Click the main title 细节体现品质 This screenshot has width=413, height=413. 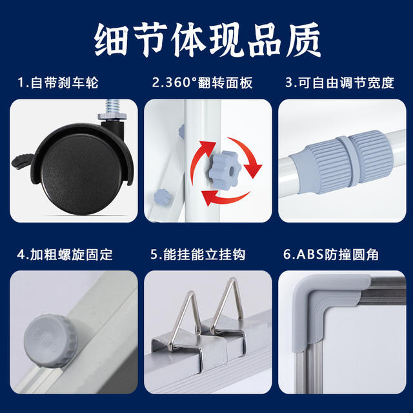click(207, 39)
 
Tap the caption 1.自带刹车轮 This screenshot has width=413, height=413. click(58, 83)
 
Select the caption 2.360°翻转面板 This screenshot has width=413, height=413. click(202, 83)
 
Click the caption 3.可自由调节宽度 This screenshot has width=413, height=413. click(340, 83)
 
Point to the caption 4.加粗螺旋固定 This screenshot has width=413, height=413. click(65, 254)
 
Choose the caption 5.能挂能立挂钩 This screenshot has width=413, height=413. click(198, 254)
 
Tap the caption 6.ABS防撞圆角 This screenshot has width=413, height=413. click(331, 254)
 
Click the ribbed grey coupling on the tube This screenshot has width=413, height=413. click(343, 162)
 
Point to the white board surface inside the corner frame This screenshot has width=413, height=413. click(366, 350)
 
